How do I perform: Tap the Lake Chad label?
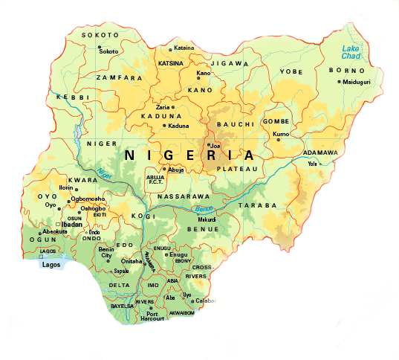(349, 53)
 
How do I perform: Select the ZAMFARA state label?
(118, 77)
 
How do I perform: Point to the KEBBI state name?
(73, 97)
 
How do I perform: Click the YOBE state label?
(291, 72)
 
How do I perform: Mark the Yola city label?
(312, 163)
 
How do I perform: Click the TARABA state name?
(262, 205)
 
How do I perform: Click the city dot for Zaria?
(173, 108)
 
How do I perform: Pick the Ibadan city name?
(71, 223)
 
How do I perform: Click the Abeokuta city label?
(53, 231)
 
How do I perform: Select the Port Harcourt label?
(152, 316)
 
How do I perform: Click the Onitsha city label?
(131, 262)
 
